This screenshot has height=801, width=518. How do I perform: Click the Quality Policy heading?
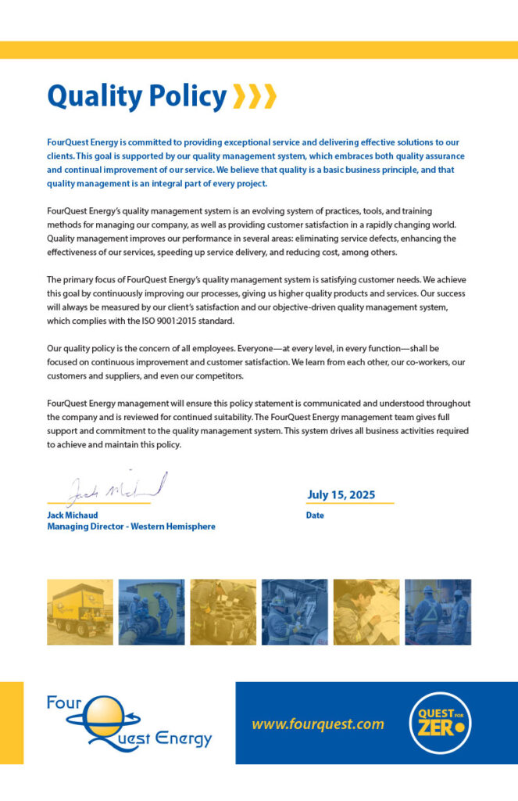(137, 97)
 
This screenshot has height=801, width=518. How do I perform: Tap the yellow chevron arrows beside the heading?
(255, 97)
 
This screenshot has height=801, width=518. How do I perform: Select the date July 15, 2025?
(341, 494)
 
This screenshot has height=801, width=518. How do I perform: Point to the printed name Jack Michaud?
(73, 515)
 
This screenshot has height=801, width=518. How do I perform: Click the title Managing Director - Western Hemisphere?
(131, 526)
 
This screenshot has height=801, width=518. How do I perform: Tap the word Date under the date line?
(315, 515)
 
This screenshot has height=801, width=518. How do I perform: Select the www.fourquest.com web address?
(318, 724)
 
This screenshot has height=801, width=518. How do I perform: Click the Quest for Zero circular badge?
(441, 724)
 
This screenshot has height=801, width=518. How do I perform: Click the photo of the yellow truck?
(80, 612)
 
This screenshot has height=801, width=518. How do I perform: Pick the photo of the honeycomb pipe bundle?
(223, 612)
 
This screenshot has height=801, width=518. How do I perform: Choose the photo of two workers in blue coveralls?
(438, 612)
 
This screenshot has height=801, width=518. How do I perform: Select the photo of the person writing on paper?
(366, 612)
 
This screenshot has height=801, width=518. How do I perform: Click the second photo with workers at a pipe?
(152, 612)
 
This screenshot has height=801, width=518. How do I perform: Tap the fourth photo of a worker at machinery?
(295, 612)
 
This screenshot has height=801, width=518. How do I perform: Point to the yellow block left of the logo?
(12, 723)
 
